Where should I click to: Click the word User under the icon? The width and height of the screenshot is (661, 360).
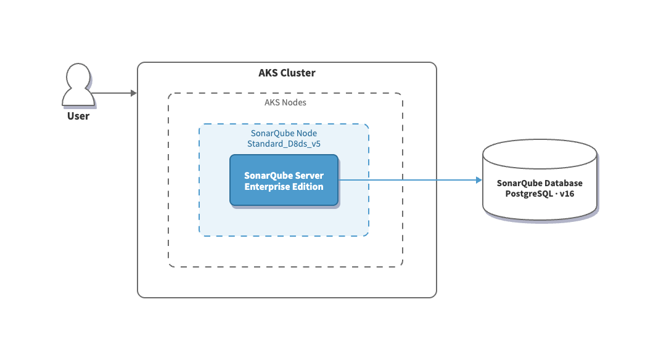click(x=78, y=116)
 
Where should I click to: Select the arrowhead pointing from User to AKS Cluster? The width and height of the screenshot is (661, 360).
click(x=133, y=93)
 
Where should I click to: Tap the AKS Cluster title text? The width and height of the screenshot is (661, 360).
click(x=287, y=73)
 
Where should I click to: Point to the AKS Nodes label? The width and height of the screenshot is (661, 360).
click(x=285, y=102)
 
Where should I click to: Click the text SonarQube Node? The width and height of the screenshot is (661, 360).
click(x=284, y=133)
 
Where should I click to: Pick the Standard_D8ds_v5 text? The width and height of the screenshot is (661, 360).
click(x=284, y=144)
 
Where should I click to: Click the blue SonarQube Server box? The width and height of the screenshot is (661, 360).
click(x=284, y=180)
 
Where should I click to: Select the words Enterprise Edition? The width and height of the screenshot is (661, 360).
click(x=284, y=187)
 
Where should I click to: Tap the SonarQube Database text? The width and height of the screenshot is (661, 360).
click(x=540, y=184)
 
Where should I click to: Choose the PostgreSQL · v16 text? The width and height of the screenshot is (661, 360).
click(x=540, y=194)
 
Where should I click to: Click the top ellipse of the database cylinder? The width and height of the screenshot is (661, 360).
click(x=540, y=151)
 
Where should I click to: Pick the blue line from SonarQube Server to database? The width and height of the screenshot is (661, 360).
click(x=407, y=180)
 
